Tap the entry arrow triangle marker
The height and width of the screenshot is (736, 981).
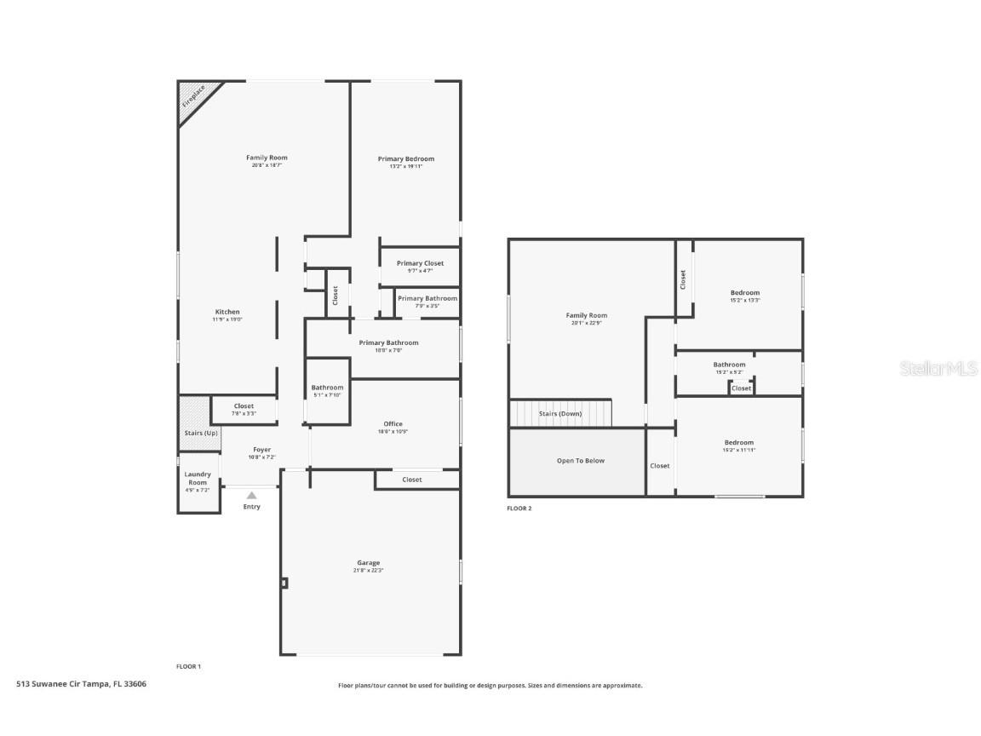pyautogui.click(x=251, y=495)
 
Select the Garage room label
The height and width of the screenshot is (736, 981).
pyautogui.click(x=368, y=562)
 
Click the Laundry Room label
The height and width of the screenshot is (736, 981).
pyautogui.click(x=198, y=478)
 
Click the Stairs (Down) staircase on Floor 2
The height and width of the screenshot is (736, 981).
pyautogui.click(x=560, y=413)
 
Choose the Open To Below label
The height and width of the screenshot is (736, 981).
pyautogui.click(x=580, y=461)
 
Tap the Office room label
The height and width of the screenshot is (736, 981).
pyautogui.click(x=393, y=423)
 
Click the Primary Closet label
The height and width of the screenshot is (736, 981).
pyautogui.click(x=420, y=263)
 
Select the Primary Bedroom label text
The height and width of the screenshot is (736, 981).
pyautogui.click(x=406, y=158)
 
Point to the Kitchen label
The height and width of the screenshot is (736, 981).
pyautogui.click(x=227, y=312)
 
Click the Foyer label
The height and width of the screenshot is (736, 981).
pyautogui.click(x=261, y=449)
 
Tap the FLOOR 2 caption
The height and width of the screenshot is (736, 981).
pyautogui.click(x=519, y=509)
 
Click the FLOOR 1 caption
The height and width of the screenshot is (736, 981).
pyautogui.click(x=188, y=666)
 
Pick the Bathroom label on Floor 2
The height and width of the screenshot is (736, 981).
pyautogui.click(x=729, y=365)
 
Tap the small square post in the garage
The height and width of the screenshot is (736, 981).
pyautogui.click(x=284, y=584)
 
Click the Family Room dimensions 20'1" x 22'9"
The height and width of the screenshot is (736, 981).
pyautogui.click(x=586, y=323)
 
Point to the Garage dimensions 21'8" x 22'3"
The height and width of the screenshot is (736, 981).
pyautogui.click(x=368, y=571)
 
